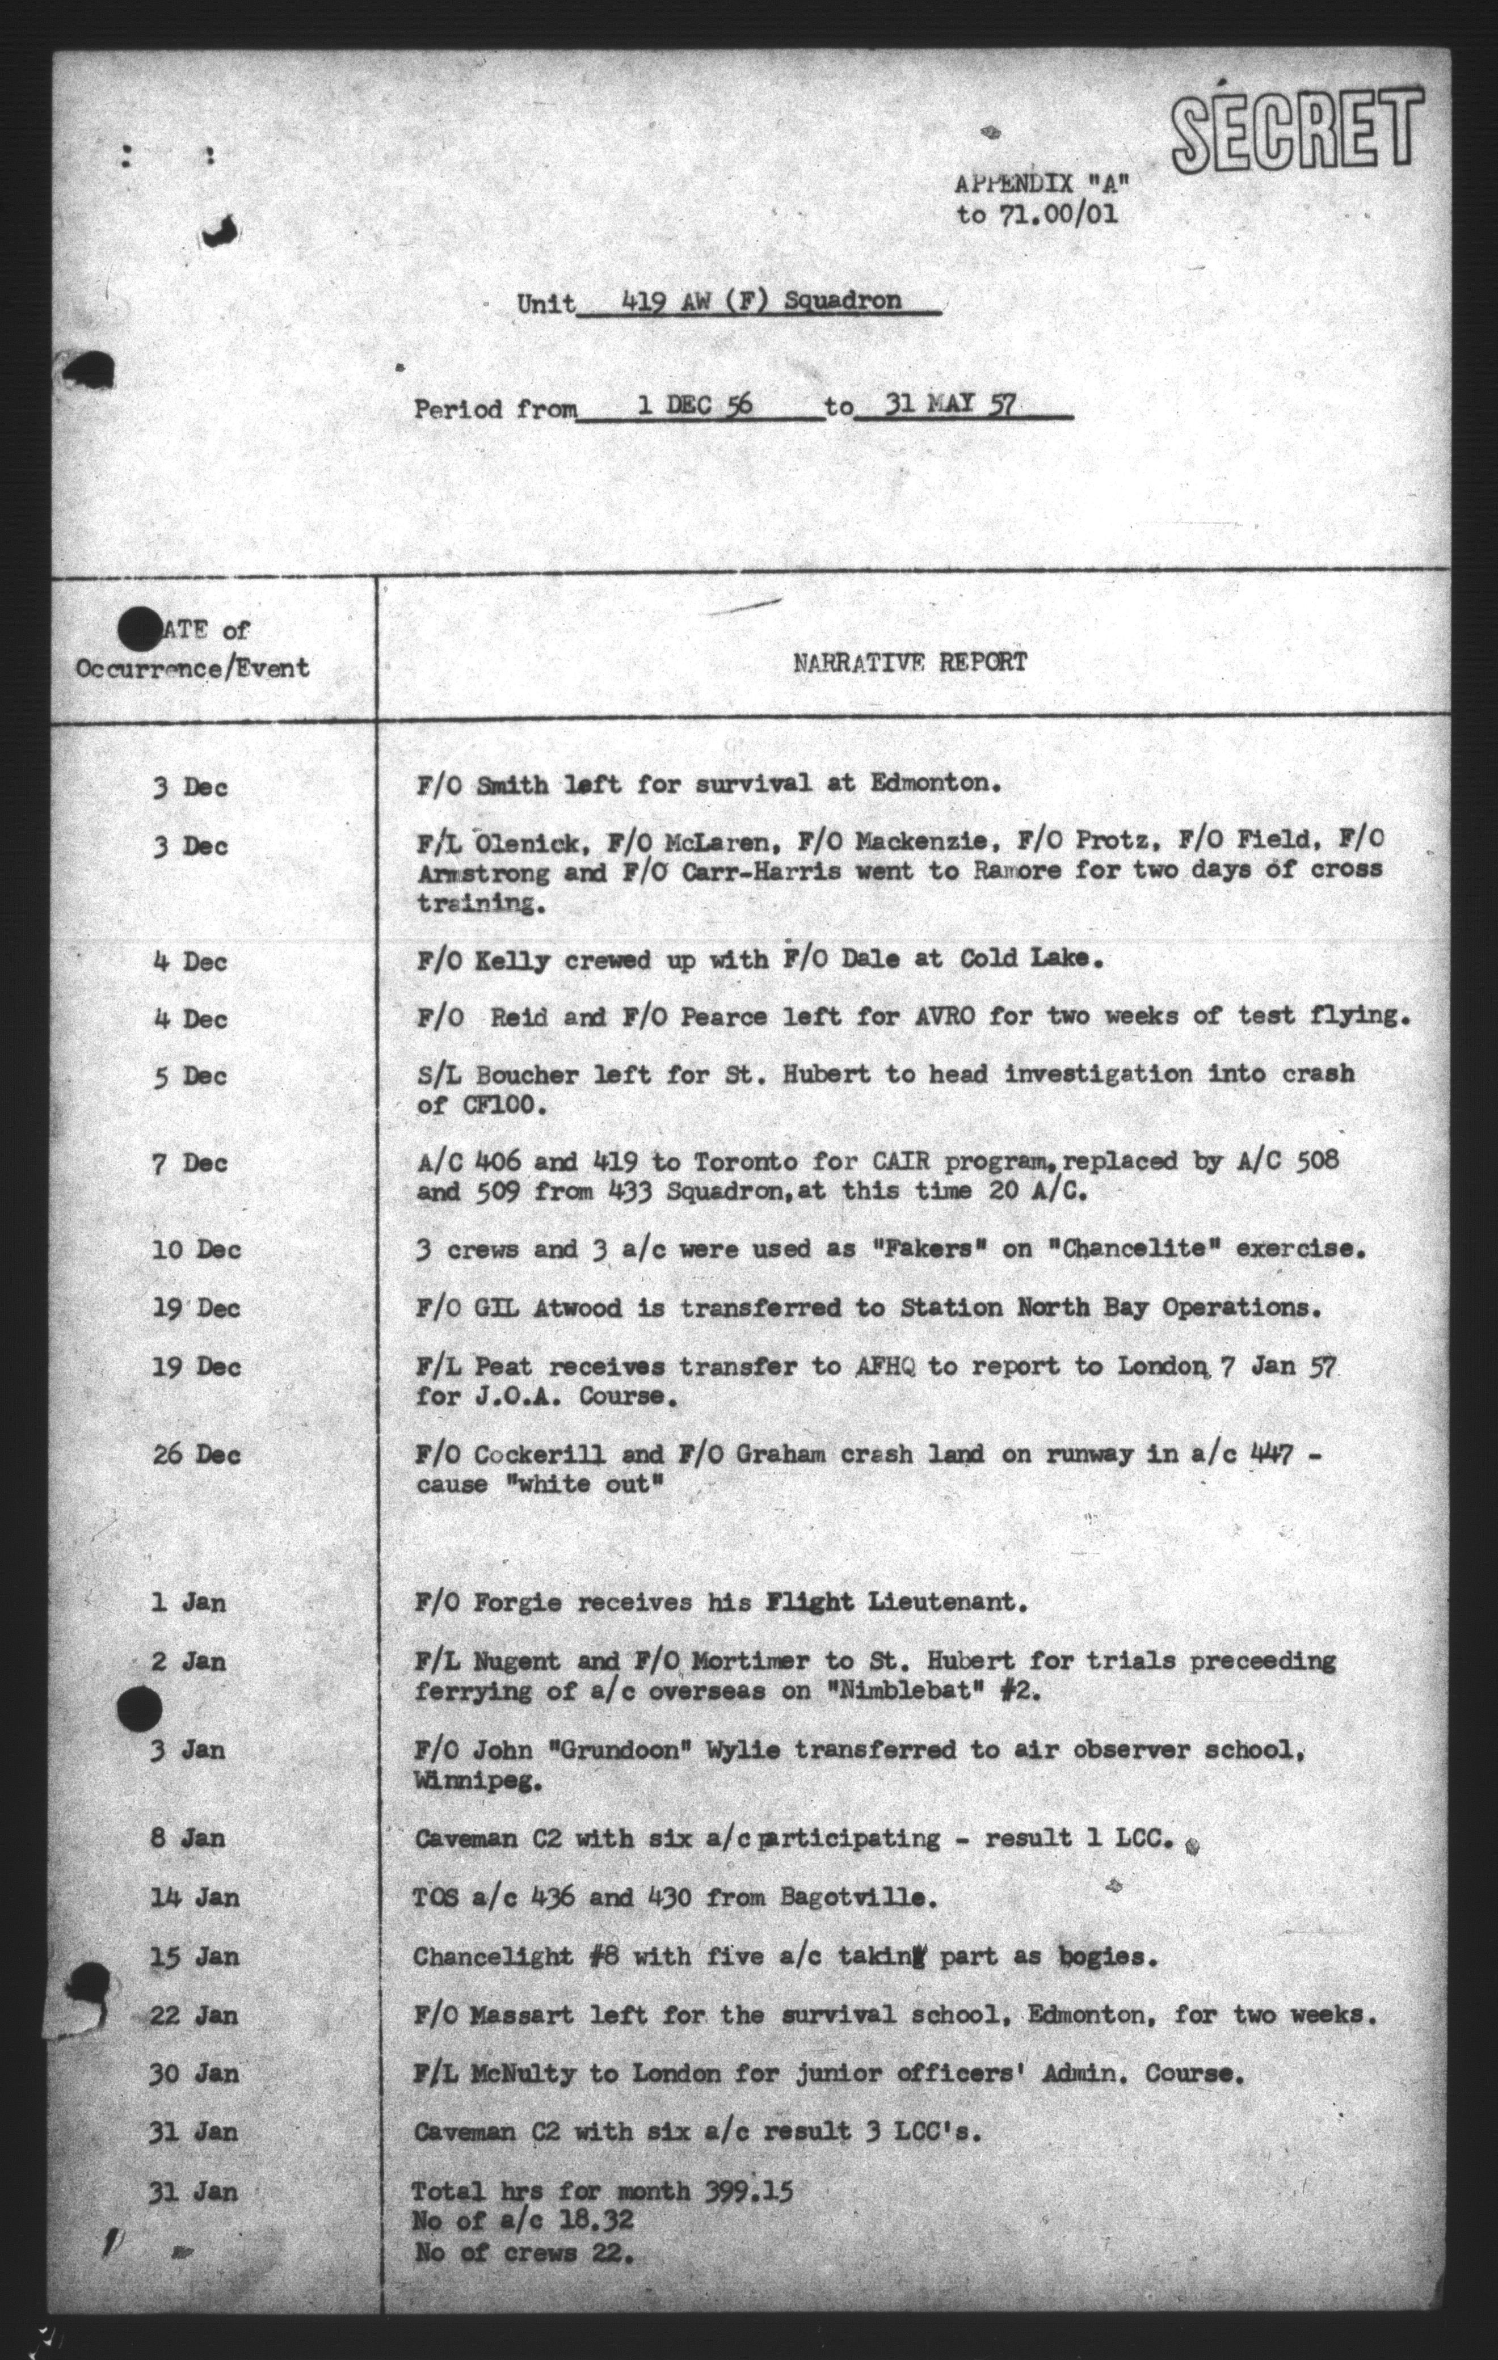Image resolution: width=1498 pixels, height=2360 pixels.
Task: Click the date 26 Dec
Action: click(x=197, y=1455)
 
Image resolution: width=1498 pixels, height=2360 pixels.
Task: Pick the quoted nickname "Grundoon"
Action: click(x=605, y=1750)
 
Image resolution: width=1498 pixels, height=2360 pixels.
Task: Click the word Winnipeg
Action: click(x=477, y=1782)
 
